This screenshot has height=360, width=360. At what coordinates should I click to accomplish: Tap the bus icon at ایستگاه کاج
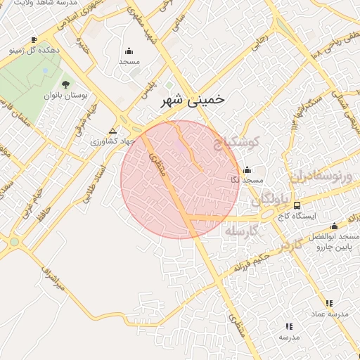click(297, 205)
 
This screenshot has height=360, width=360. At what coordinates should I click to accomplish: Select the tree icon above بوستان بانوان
click(65, 84)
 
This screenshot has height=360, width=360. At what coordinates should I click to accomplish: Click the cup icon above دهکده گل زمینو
click(34, 39)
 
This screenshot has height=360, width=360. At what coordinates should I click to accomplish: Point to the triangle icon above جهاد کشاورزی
click(113, 131)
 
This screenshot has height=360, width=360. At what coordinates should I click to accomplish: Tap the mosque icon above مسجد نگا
click(246, 170)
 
